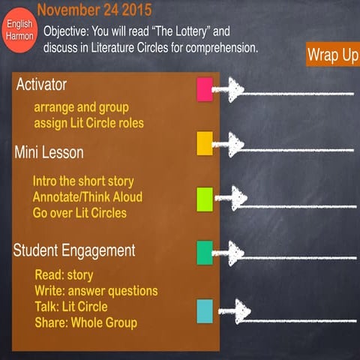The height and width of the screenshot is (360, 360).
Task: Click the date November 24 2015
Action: click(94, 10)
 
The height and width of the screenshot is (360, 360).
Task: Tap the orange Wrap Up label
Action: click(332, 56)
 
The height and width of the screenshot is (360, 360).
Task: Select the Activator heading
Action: click(41, 84)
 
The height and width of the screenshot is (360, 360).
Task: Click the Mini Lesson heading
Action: click(49, 152)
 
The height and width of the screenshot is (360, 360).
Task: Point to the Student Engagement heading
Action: click(74, 250)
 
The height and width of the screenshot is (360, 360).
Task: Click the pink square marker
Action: click(204, 89)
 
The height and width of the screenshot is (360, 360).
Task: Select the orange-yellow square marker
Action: click(205, 142)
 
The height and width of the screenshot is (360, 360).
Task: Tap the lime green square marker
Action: click(205, 199)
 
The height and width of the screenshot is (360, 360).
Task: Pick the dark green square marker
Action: click(205, 253)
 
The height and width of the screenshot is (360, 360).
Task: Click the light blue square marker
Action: click(205, 310)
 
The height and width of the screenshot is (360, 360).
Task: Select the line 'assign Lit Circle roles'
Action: click(88, 122)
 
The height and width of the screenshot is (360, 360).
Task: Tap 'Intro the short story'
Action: click(83, 181)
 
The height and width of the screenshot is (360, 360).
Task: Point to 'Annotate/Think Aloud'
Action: click(87, 196)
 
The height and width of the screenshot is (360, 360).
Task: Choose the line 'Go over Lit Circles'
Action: click(79, 212)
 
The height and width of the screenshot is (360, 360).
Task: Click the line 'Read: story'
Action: click(64, 274)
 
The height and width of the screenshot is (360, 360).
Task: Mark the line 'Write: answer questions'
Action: click(96, 290)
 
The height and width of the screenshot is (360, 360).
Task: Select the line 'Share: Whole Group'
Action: click(85, 322)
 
